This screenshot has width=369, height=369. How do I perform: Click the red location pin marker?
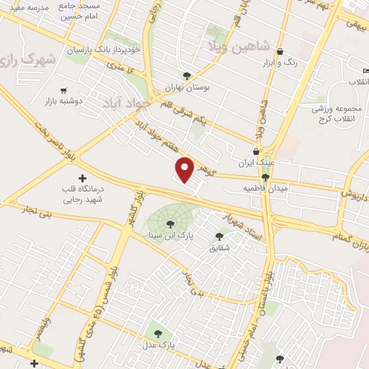185,169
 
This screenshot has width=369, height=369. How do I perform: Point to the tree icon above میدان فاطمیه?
265,177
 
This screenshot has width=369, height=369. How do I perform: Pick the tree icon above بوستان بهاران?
187,74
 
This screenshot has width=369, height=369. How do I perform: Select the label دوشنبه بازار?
63,101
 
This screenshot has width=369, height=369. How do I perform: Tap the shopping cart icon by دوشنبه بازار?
63,90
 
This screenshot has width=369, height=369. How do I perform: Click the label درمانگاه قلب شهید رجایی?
81,195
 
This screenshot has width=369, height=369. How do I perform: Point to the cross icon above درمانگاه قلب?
81,177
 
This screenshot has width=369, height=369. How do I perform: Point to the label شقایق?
218,247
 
